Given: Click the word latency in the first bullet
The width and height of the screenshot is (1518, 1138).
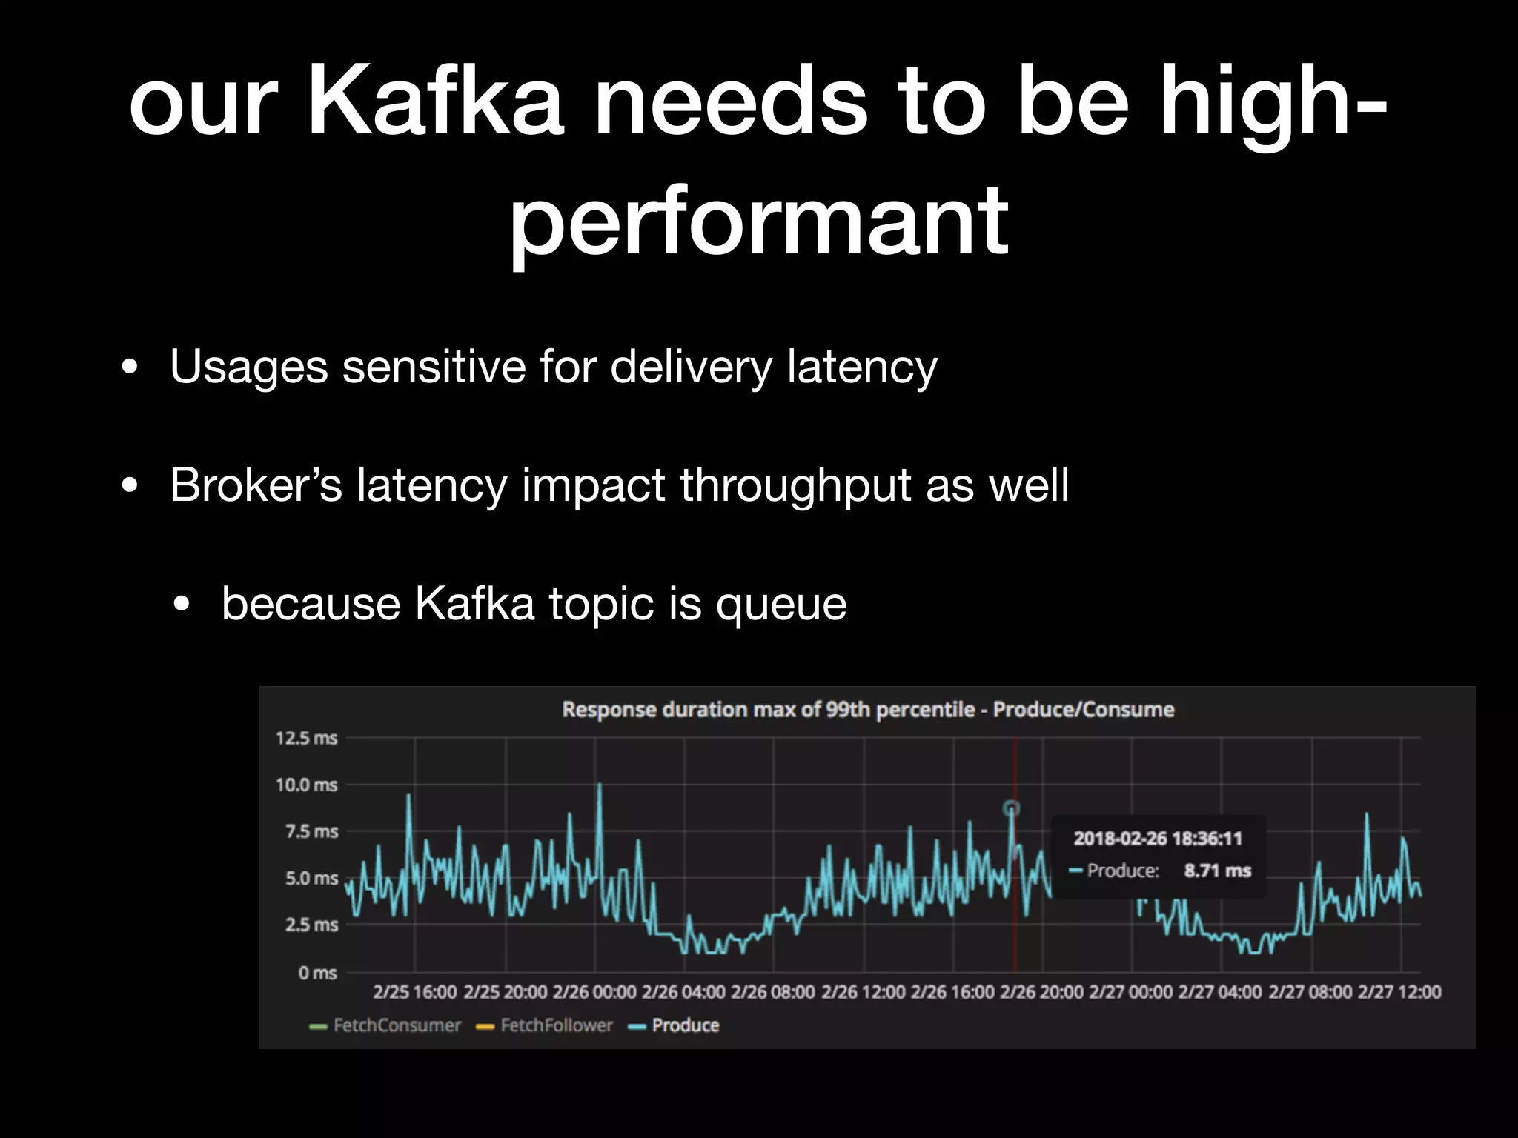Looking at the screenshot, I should point(862,366).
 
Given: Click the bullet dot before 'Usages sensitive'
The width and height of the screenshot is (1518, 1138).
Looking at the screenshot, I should point(130,367).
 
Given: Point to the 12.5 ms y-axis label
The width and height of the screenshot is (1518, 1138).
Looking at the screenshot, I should point(306,738).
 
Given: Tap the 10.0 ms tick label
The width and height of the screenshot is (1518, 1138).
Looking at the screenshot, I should point(306,785).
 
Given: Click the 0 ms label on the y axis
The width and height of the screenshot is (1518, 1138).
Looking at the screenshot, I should point(317,972).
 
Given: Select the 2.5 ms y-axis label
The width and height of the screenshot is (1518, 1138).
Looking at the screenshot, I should point(311,925).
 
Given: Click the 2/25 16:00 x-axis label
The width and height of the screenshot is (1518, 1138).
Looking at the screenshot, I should point(414,991).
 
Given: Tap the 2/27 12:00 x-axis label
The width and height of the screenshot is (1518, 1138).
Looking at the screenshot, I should point(1399,991).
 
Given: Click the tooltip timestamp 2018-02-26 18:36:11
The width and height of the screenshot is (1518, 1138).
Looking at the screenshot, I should point(1157,838).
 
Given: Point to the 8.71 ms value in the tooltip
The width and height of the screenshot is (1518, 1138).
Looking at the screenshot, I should point(1217,871).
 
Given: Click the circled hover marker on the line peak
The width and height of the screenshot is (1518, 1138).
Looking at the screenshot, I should point(1012,808).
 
